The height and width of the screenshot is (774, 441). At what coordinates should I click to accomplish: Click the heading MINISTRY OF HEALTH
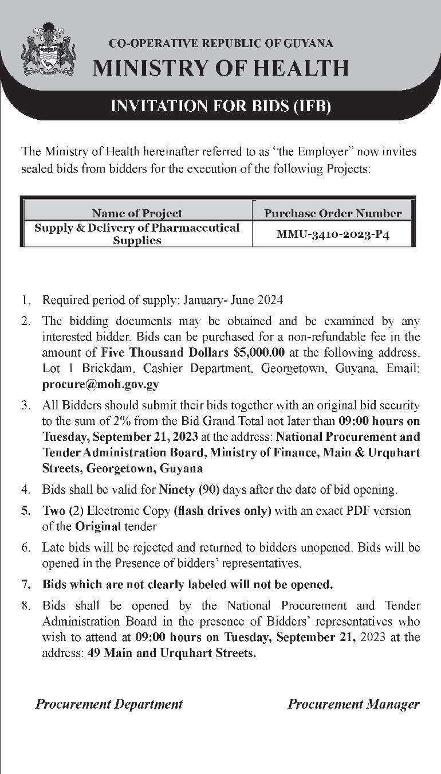220,68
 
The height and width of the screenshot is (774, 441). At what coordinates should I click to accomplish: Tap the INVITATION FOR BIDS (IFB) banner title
220,106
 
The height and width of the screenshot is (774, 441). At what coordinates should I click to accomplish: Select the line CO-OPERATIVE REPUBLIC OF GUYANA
220,44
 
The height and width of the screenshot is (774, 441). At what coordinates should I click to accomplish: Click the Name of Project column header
137,213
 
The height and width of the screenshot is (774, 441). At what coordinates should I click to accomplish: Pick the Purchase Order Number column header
333,213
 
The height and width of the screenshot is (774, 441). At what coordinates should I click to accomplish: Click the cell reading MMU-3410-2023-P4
333,234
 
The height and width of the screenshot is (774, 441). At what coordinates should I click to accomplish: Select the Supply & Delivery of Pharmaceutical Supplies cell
137,234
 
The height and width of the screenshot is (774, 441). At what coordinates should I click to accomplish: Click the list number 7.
25,585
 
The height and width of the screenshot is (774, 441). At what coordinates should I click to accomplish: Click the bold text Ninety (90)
189,490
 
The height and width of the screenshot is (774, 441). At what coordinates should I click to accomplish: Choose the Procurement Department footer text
109,704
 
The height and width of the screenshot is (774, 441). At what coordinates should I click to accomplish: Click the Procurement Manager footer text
353,704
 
